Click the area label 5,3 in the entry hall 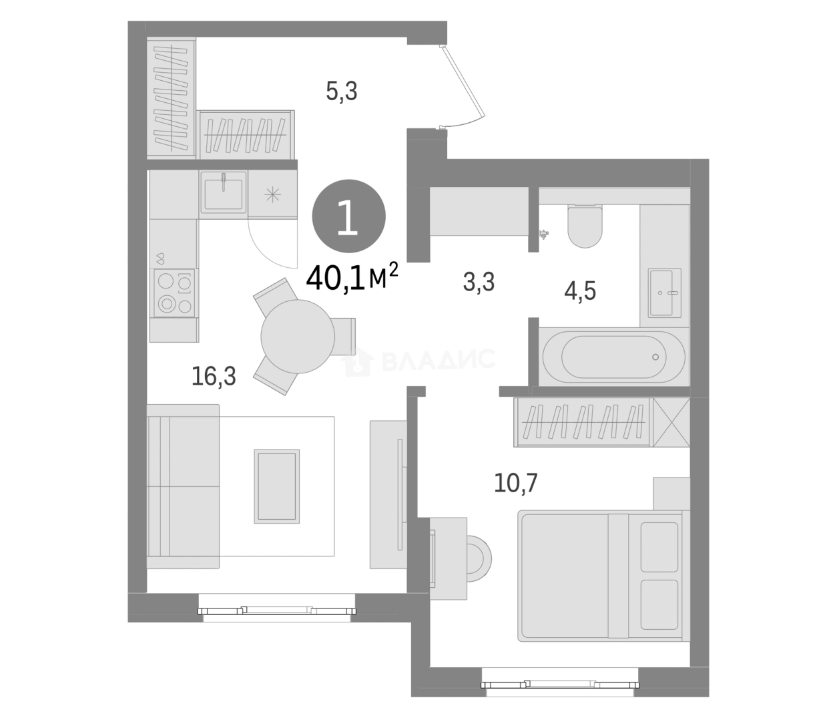341,92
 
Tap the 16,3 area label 214,377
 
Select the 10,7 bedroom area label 515,483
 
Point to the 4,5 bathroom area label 580,291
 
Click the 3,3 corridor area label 479,282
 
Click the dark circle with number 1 348,216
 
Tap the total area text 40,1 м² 352,278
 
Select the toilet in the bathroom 585,226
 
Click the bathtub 613,357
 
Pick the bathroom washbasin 665,293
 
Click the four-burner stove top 174,293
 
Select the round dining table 298,337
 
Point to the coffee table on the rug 277,486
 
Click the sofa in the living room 183,486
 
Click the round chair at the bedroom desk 479,560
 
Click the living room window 277,610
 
